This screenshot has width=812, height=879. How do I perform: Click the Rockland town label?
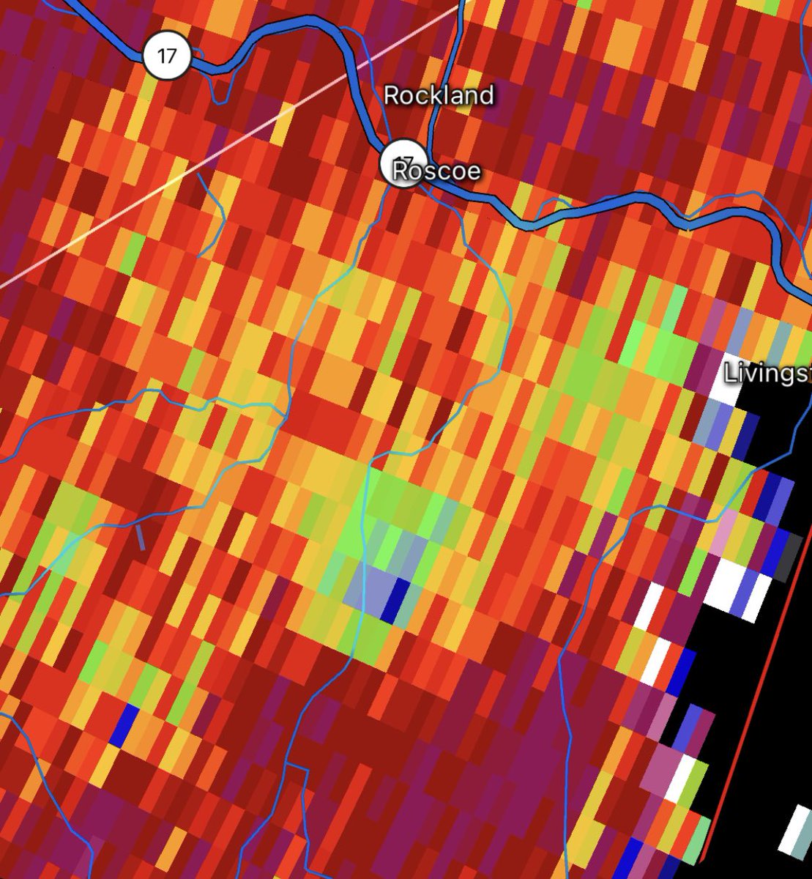coord(439,95)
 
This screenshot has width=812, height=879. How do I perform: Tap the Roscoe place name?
coord(436,171)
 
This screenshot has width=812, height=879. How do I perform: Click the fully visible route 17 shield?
coord(167,56)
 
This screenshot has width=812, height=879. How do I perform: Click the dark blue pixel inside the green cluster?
coord(399,599)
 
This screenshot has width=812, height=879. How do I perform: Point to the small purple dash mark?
coord(141,538)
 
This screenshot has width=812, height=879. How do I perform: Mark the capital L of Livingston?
coord(729,373)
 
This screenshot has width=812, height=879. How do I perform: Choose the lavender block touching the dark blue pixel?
coord(373,586)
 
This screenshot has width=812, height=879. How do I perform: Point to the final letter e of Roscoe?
coord(474,172)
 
